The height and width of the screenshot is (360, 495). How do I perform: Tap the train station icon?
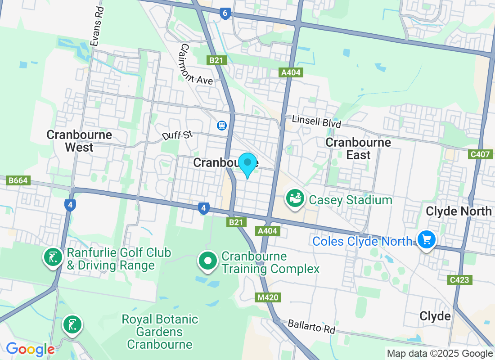[x=221, y=125]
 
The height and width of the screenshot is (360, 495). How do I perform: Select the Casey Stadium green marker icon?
[x=295, y=198]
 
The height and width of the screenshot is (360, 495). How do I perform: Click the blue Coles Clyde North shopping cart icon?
[x=426, y=239]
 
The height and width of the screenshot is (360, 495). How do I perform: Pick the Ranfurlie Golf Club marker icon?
[x=53, y=257]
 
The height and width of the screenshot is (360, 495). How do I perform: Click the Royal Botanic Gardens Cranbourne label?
[x=160, y=332]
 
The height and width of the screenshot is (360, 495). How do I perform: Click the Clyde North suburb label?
[x=459, y=211]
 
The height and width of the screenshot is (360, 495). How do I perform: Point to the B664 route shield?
[x=18, y=180]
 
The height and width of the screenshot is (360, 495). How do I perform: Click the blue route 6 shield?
[x=225, y=13]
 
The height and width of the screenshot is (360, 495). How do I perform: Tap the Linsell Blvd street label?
[x=316, y=121]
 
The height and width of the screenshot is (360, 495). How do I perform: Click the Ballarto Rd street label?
[x=312, y=326]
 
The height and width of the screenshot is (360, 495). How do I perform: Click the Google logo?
[x=30, y=349]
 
